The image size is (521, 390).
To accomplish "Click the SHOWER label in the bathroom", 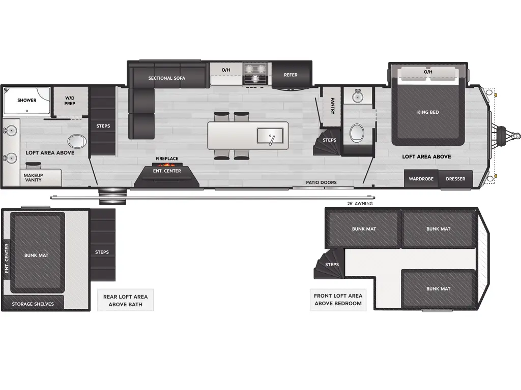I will tap(27, 100).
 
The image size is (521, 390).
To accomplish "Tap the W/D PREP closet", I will tap(70, 101).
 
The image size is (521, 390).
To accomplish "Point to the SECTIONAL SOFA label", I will tap(166, 78).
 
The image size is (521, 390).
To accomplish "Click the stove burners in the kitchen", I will tap(255, 74).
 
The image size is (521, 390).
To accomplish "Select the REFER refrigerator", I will tap(291, 75).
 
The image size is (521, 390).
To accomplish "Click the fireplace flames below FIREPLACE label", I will tap(166, 165).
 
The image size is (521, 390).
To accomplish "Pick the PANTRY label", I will tap(332, 106).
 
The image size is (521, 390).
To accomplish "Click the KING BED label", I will tap(427, 112).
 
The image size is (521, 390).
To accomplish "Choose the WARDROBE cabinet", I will tap(421, 179).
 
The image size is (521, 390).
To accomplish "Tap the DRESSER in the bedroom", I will tap(455, 179).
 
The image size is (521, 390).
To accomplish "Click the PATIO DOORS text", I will tap(321, 182).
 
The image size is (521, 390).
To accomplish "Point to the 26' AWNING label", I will tap(359, 204).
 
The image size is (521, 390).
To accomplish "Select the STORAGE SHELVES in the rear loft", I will tap(33, 304).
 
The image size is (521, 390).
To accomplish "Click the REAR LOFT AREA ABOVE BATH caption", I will tap(125, 301).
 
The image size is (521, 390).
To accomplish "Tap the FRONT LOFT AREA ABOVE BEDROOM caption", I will tap(338, 300).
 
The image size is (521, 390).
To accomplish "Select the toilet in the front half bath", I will tap(357, 133).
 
